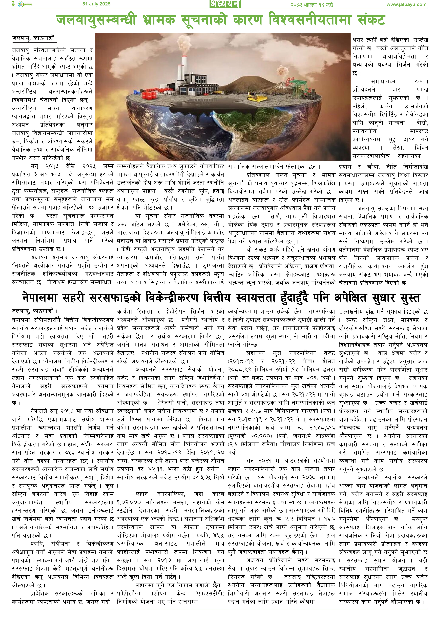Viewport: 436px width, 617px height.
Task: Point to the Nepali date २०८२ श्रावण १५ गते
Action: tap(311, 5)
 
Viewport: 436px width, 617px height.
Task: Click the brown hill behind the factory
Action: tap(247, 81)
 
